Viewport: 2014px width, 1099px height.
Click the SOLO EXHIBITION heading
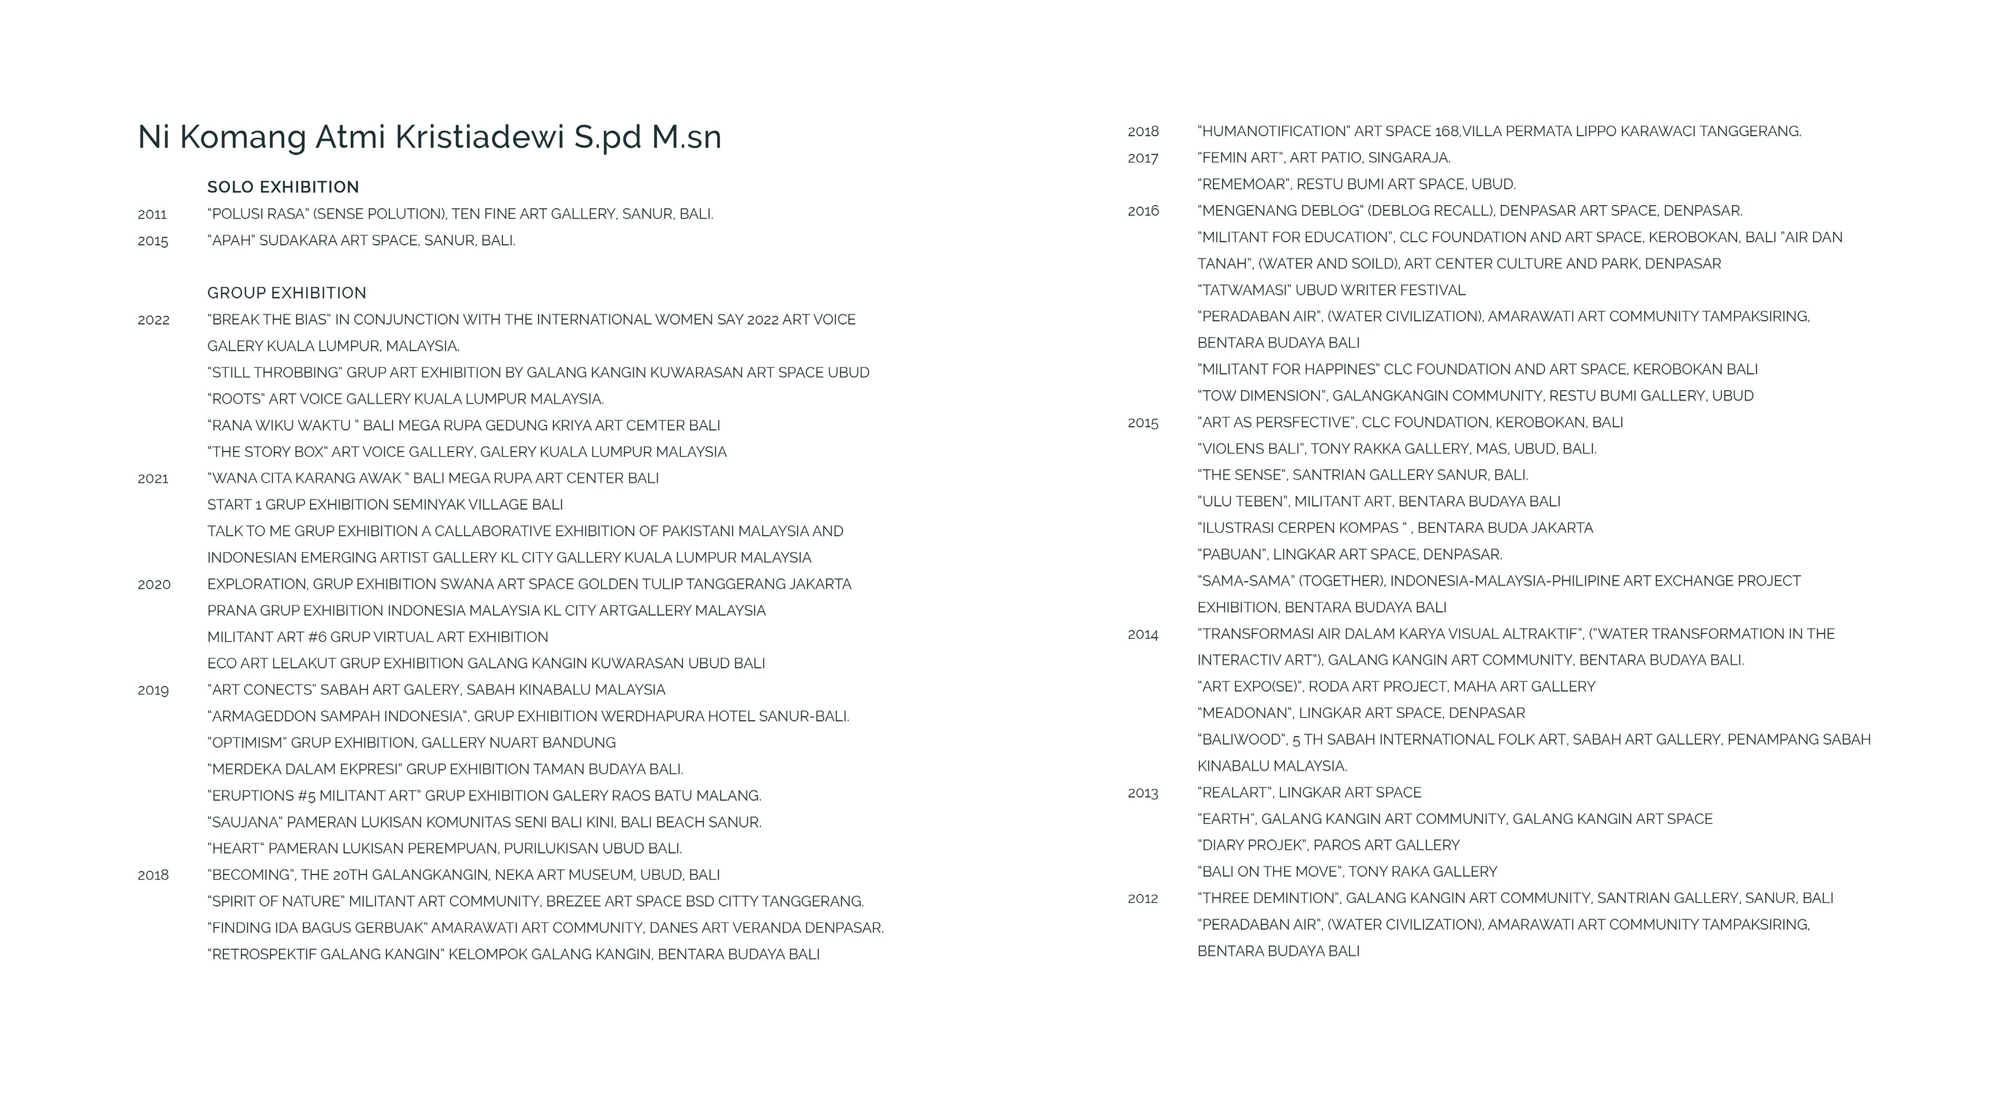pyautogui.click(x=283, y=187)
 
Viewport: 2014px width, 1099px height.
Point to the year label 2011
pyautogui.click(x=152, y=214)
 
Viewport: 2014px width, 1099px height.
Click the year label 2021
pyautogui.click(x=153, y=478)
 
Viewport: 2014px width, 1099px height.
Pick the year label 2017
pyautogui.click(x=1142, y=158)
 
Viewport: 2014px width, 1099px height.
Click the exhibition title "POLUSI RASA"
pyautogui.click(x=257, y=214)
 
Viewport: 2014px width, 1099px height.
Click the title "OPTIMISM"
pyautogui.click(x=246, y=743)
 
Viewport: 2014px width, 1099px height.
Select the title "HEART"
pyautogui.click(x=235, y=848)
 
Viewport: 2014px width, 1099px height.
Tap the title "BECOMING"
pyautogui.click(x=250, y=875)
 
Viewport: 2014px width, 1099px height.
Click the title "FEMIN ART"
pyautogui.click(x=1240, y=158)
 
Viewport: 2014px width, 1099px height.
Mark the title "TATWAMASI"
pyautogui.click(x=1243, y=290)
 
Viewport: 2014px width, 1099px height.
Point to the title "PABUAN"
pyautogui.click(x=1231, y=554)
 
